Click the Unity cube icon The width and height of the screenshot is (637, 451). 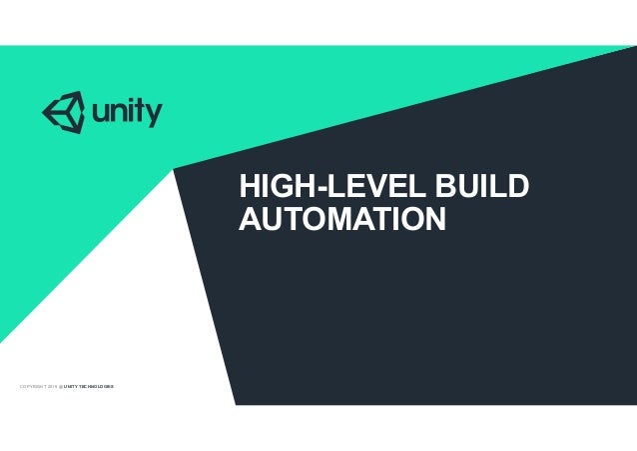click(62, 111)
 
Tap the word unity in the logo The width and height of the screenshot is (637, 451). click(126, 112)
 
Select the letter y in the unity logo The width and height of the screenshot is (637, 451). click(152, 116)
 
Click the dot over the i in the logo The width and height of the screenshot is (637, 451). click(130, 99)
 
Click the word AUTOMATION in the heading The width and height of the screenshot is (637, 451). click(341, 218)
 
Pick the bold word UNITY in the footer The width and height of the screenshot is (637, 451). click(71, 385)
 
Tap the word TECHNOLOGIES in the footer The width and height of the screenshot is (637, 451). click(97, 385)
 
